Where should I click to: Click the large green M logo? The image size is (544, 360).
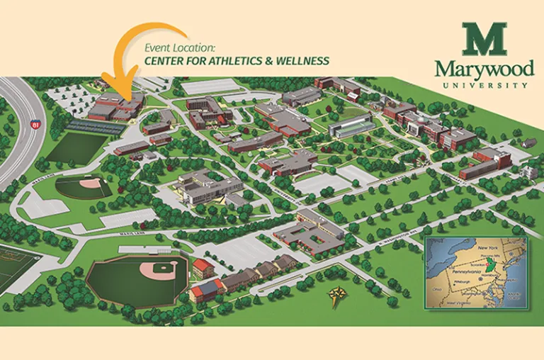coord(484,39)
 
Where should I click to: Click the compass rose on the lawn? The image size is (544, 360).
coord(335,296)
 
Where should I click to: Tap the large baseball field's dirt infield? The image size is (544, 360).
coord(160,269)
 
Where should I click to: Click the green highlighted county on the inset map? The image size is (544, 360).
coord(485,273)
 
